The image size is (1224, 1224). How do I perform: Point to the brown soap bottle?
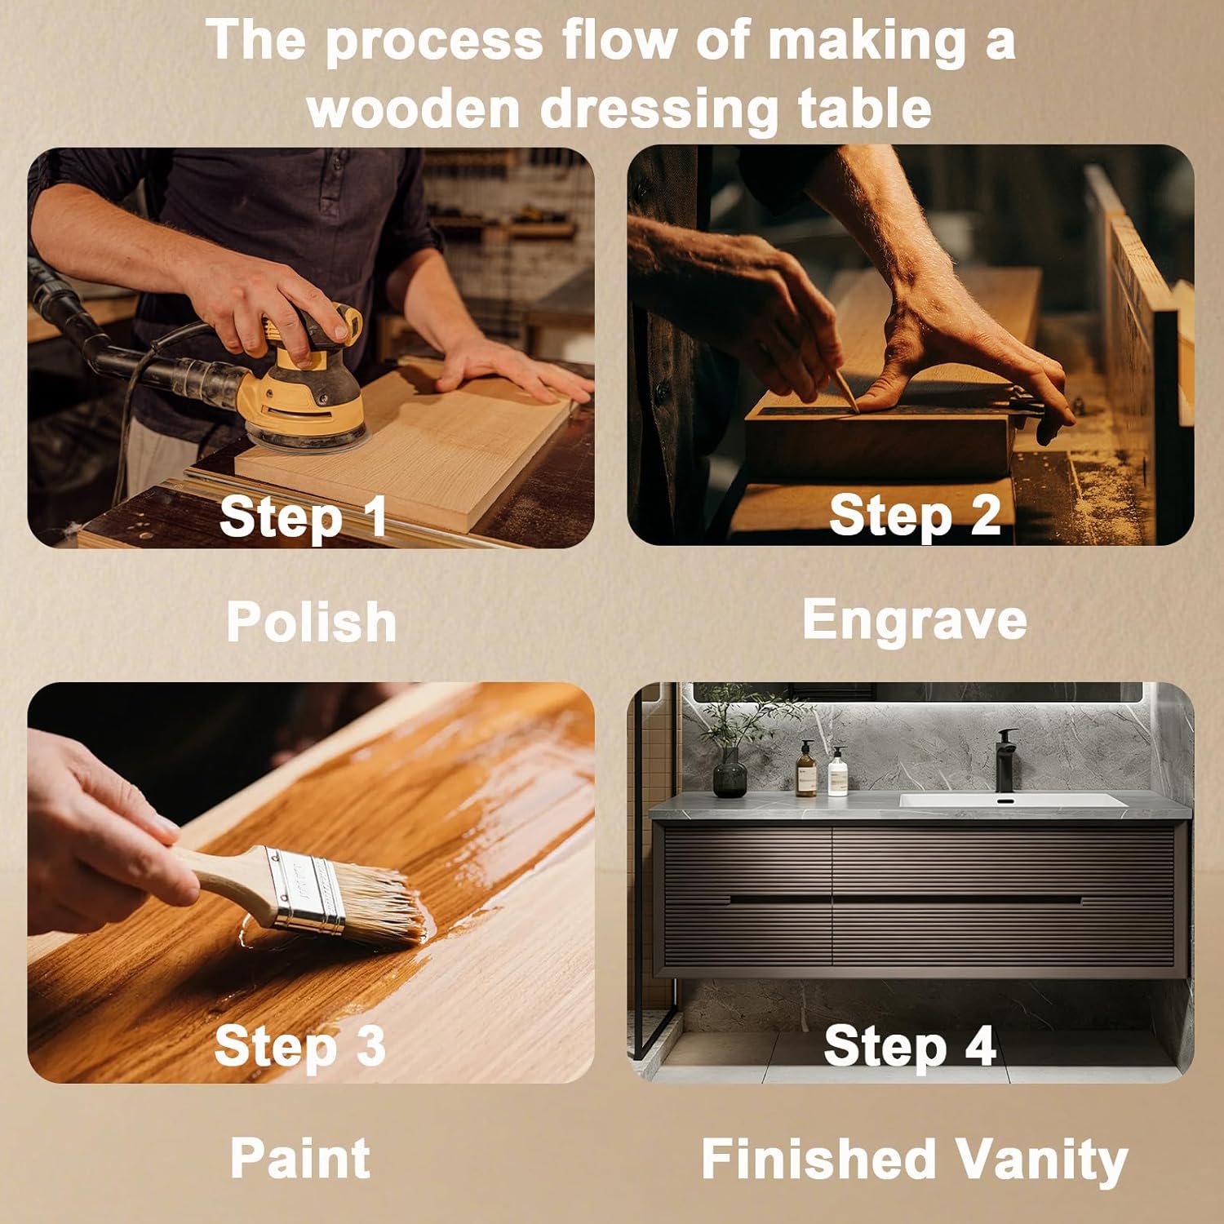[806, 769]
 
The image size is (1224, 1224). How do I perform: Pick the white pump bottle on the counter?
[837, 772]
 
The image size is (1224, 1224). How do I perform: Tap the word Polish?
[311, 623]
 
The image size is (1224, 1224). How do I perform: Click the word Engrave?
[915, 619]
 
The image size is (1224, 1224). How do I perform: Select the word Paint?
[300, 1158]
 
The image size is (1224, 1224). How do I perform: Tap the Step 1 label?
[303, 517]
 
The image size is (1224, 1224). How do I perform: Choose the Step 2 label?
[915, 516]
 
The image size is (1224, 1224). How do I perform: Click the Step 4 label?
[910, 1045]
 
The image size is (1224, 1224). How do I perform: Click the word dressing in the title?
[659, 108]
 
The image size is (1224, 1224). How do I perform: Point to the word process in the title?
[434, 41]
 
